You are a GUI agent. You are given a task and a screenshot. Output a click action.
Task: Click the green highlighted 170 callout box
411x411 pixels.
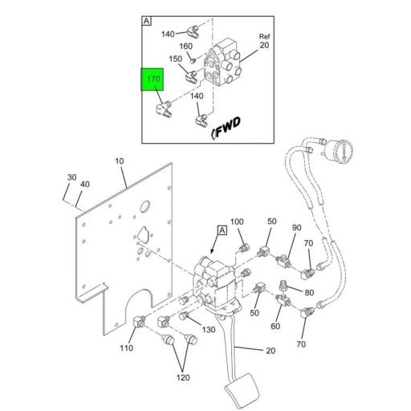(153, 79)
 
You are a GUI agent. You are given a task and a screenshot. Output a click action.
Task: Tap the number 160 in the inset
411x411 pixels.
(185, 47)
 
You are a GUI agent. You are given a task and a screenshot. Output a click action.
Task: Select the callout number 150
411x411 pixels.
(176, 59)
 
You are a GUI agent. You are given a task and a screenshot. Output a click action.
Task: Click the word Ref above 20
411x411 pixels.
(264, 36)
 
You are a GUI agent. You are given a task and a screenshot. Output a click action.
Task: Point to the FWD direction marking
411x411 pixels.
(226, 128)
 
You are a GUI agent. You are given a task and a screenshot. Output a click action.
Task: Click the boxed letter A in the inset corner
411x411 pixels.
(147, 21)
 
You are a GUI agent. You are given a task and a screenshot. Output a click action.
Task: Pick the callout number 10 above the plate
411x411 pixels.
(120, 161)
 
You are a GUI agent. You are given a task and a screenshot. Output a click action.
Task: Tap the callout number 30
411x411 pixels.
(71, 177)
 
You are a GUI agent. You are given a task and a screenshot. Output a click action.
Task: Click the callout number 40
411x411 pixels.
(85, 184)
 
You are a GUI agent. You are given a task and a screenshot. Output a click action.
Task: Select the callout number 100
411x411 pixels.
(237, 222)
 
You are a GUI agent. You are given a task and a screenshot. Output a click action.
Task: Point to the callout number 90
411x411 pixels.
(296, 228)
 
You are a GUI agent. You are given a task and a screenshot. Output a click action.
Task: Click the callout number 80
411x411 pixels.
(309, 292)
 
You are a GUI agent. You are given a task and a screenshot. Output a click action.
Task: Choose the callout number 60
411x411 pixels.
(275, 326)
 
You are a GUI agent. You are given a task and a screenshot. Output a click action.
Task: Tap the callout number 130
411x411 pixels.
(209, 330)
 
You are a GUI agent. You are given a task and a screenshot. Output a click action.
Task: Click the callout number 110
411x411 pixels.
(126, 348)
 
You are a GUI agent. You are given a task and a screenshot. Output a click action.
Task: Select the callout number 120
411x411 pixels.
(183, 377)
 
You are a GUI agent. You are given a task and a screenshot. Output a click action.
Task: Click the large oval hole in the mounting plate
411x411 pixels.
(144, 206)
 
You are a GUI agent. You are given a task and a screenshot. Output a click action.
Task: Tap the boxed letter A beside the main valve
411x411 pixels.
(222, 230)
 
